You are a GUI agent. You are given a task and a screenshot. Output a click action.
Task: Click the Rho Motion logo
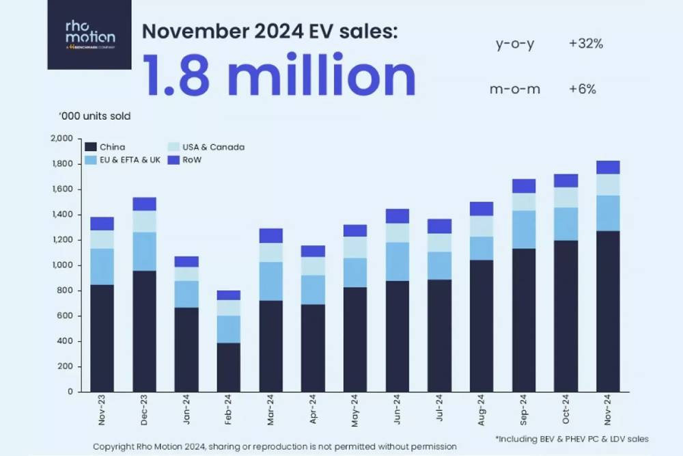tap(89, 34)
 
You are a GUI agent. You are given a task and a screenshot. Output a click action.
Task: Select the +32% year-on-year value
tap(585, 44)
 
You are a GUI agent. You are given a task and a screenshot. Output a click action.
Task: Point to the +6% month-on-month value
tap(582, 90)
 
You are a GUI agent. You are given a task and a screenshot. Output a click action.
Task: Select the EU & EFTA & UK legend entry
tap(123, 160)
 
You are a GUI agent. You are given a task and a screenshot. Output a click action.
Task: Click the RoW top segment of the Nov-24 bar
tap(608, 167)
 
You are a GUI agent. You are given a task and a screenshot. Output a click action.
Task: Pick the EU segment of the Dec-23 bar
tap(145, 252)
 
